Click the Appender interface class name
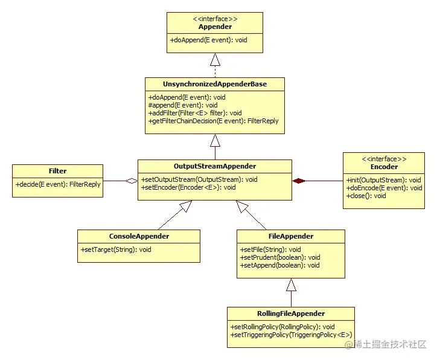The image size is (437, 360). [x=215, y=27]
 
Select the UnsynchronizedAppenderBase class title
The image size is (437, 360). [x=215, y=84]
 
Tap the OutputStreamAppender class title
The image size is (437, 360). [x=215, y=166]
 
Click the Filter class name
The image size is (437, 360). [x=58, y=171]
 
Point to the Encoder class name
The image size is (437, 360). [x=383, y=167]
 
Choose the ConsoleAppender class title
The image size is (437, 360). [x=139, y=236]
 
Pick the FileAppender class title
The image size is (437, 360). [x=291, y=236]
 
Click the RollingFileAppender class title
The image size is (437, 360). [x=291, y=313]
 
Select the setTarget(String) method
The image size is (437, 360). [x=116, y=249]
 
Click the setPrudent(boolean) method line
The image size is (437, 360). [x=280, y=257]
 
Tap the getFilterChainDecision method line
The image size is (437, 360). [x=214, y=121]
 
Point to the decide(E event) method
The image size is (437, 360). [x=58, y=184]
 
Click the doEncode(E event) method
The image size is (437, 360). [x=384, y=188]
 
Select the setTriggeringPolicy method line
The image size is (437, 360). [x=291, y=335]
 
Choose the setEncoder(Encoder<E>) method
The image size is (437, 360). [x=188, y=187]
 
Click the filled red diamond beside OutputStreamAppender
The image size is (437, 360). [x=300, y=181]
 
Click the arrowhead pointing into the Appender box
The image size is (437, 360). [x=215, y=59]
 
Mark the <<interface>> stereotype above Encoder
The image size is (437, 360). [x=383, y=159]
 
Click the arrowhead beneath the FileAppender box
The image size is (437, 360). [x=291, y=284]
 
